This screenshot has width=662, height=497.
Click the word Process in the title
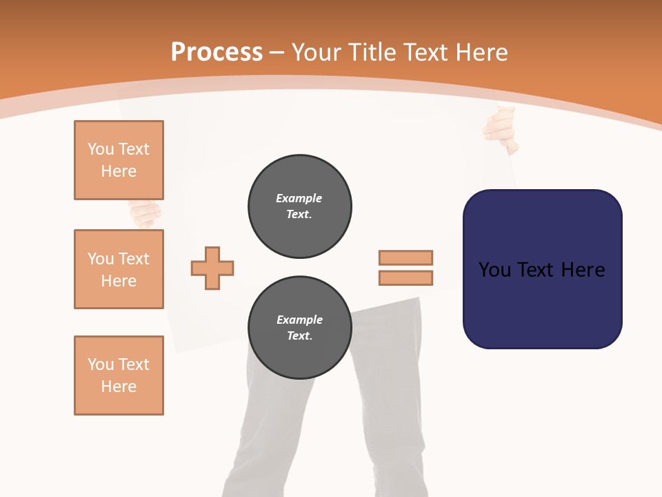[217, 52]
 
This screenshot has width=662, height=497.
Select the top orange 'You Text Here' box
[119, 160]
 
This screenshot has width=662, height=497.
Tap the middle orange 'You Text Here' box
[119, 269]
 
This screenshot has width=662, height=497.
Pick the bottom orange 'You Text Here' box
[119, 376]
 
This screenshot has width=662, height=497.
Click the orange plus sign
[212, 268]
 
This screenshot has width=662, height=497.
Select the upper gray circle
[299, 206]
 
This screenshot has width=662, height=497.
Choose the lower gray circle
[299, 328]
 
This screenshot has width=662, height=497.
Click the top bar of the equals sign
[405, 258]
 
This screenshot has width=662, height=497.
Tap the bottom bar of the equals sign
[405, 278]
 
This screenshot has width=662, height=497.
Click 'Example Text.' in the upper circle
[299, 206]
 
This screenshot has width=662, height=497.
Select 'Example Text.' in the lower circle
[299, 328]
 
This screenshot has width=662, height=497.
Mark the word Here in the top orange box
[119, 171]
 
